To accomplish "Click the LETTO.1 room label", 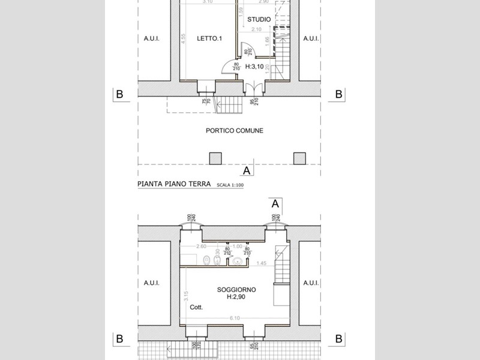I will (210, 39).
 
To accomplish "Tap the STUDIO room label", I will (259, 20).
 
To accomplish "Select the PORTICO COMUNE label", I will (234, 130).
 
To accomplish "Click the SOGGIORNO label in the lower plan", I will (236, 290).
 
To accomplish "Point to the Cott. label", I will (196, 307).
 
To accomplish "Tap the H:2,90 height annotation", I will (237, 297).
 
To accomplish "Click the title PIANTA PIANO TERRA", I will (174, 185).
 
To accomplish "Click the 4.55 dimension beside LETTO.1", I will (181, 45).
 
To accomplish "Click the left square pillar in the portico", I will (215, 158).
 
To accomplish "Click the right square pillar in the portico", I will (299, 158).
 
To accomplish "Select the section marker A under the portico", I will (247, 170).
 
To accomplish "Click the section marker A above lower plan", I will (275, 203).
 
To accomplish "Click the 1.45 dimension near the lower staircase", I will (261, 263).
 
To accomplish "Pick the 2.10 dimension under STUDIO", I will (257, 29).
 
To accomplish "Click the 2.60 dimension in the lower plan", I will (202, 246).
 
